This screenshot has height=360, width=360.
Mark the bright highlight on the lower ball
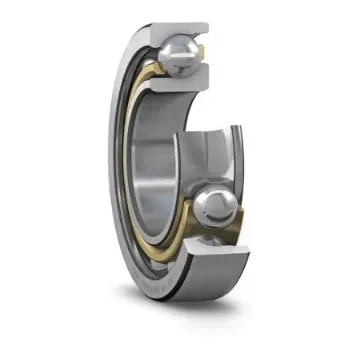(x=210, y=200)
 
